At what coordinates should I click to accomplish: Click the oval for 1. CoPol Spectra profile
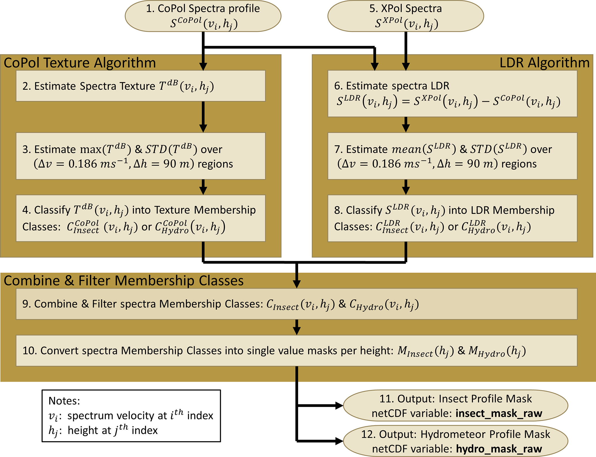(x=203, y=16)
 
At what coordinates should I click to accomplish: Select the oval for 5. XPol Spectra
(x=405, y=16)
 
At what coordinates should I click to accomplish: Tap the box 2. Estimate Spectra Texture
(x=140, y=86)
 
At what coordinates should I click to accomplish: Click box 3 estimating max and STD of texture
(x=140, y=156)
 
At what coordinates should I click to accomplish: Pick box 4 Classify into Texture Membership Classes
(x=140, y=218)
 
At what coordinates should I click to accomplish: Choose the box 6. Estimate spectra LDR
(x=452, y=94)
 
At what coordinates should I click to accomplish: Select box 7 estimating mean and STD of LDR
(x=452, y=156)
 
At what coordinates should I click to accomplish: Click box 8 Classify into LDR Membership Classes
(x=452, y=218)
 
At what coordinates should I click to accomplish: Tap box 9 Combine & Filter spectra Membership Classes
(x=296, y=304)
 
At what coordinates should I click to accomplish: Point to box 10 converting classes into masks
(x=296, y=351)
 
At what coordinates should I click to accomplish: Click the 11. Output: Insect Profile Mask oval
(x=455, y=406)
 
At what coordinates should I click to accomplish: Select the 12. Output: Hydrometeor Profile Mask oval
(x=455, y=441)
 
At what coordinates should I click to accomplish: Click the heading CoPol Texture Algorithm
(x=80, y=63)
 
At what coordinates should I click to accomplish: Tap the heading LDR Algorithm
(x=544, y=63)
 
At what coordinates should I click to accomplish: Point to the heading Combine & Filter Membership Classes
(x=124, y=281)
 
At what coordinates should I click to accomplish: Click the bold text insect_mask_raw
(x=499, y=413)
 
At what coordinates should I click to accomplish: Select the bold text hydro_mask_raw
(x=499, y=449)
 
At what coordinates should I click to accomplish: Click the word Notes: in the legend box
(x=64, y=401)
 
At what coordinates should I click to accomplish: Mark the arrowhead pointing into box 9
(x=296, y=284)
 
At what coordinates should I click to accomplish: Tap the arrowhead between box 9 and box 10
(x=296, y=331)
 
